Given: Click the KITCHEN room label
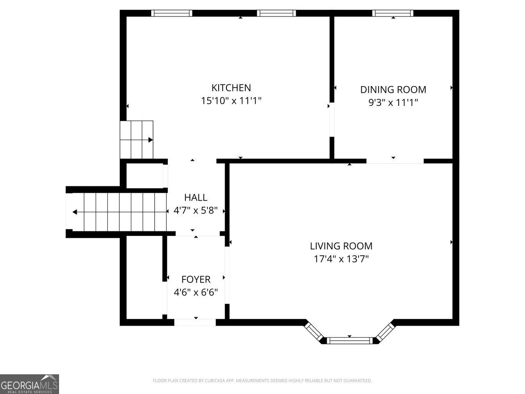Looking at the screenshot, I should (x=231, y=87).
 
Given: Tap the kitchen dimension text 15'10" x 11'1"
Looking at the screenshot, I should (x=231, y=101).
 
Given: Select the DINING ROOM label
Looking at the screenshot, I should (x=393, y=89).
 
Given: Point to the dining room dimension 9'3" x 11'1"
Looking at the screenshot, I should (x=393, y=102).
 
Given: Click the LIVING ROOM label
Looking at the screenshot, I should (x=341, y=246).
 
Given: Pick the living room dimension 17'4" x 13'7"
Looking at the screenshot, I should (x=341, y=259).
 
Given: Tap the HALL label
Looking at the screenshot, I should (x=196, y=197).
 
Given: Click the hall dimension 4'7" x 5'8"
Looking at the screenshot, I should (x=196, y=211).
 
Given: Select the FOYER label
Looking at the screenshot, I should (x=196, y=279).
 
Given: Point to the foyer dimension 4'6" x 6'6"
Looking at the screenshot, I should (x=196, y=292).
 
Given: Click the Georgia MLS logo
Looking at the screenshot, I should (x=30, y=384).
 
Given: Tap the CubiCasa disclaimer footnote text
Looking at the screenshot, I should (x=262, y=381).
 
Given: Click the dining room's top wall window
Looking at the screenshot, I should (x=393, y=13).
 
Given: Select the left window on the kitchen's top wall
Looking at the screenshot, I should (x=171, y=13).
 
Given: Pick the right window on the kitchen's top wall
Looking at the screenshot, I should (x=276, y=13).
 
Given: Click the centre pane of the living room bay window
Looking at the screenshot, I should (x=349, y=340).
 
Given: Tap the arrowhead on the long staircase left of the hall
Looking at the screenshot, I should (x=75, y=212).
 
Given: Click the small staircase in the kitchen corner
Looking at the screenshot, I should (x=137, y=140).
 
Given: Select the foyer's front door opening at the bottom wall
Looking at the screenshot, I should (x=195, y=322).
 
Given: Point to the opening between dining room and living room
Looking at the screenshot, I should (x=395, y=161).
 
